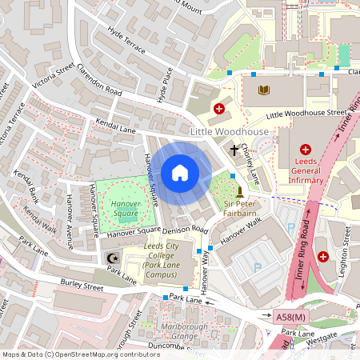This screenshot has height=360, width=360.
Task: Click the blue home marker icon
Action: tap(180, 173)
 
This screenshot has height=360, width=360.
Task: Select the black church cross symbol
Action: tap(235, 150)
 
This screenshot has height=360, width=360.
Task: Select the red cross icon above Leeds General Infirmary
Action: tap(305, 149)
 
